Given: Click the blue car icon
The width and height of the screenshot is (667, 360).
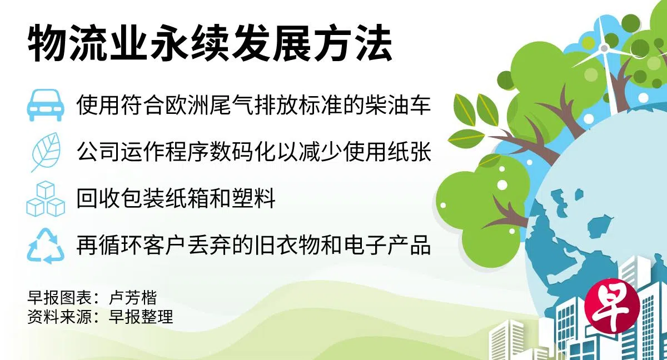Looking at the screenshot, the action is tap(46, 105).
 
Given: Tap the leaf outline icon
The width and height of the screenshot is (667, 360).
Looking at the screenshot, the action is tap(46, 152).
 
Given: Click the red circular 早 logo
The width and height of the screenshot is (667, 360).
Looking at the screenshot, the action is tap(612, 307).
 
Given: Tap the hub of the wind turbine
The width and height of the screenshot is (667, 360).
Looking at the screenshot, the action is tap(604, 48).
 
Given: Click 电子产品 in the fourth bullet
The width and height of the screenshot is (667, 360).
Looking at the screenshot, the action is tap(387, 246).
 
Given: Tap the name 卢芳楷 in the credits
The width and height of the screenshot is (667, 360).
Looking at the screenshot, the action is tap(133, 297).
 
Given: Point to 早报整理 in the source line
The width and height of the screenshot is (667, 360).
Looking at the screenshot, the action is tap(141, 317).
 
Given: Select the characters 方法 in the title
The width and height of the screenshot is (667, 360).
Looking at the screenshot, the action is tap(353, 43).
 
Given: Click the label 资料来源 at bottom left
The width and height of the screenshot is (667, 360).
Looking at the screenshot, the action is tap(59, 317).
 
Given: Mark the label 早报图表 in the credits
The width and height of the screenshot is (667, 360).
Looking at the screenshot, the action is tap(59, 297).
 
